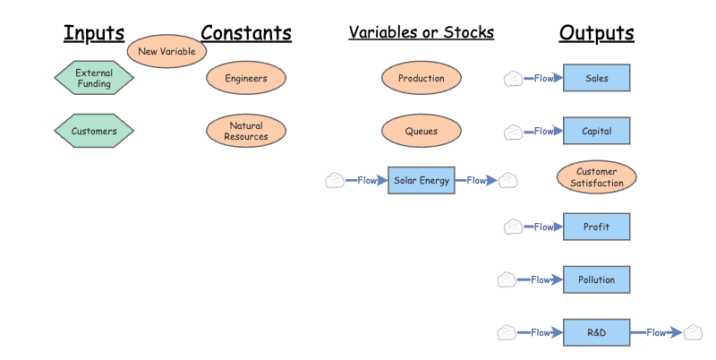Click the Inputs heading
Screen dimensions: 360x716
point(93,34)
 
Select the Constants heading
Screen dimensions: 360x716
point(246,34)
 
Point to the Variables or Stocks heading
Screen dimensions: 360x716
point(421,33)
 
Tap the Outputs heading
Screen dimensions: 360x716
point(596,34)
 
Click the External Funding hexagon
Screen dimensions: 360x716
point(94,79)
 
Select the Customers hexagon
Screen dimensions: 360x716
point(94,132)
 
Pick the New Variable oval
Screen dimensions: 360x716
point(166,52)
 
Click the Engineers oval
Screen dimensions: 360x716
point(246,79)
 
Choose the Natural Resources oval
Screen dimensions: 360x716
point(246,132)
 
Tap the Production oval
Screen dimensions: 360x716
point(421,79)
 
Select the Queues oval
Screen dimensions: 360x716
point(421,132)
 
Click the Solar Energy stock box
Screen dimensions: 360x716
point(422,181)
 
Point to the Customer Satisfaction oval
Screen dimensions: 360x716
point(596,177)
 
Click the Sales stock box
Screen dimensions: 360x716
point(596,79)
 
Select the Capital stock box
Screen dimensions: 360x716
point(596,132)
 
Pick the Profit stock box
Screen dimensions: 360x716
point(596,227)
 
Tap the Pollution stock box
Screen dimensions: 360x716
point(596,280)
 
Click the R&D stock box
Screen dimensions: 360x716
point(596,333)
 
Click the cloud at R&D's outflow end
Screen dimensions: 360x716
point(693,333)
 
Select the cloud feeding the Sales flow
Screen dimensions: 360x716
point(513,79)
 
